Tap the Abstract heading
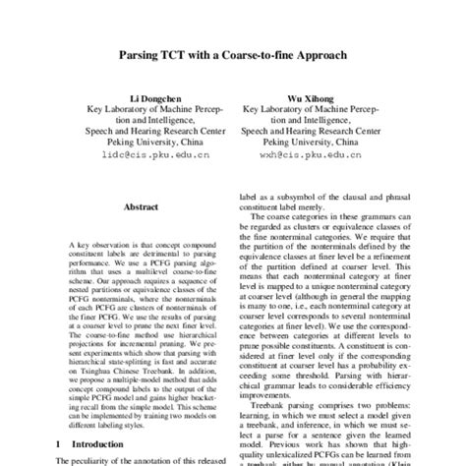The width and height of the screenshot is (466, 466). click(x=143, y=207)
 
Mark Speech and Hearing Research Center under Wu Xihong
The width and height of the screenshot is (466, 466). click(x=307, y=129)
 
